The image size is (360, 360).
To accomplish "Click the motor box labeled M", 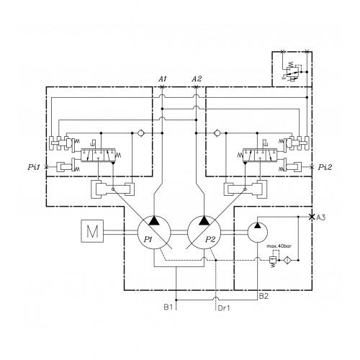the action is pyautogui.click(x=92, y=231).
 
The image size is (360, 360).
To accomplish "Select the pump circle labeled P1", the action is pyautogui.click(x=154, y=233).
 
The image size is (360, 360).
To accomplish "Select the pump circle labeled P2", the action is pyautogui.click(x=204, y=233).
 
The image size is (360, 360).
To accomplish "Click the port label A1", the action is pyautogui.click(x=163, y=78).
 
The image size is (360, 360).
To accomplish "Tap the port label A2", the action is pyautogui.click(x=197, y=78).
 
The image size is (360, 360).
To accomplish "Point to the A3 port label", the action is pyautogui.click(x=320, y=217).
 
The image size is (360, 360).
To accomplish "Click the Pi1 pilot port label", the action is pyautogui.click(x=34, y=167).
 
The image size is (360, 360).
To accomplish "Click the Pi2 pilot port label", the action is pyautogui.click(x=325, y=167).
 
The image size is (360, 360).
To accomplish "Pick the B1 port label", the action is pyautogui.click(x=168, y=307).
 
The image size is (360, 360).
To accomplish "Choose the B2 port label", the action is pyautogui.click(x=264, y=296).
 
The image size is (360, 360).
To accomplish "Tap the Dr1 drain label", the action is pyautogui.click(x=224, y=308).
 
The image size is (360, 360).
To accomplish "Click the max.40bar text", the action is pyautogui.click(x=279, y=246).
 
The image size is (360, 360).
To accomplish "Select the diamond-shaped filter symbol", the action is pyautogui.click(x=286, y=260).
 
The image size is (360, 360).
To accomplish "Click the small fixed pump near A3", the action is pyautogui.click(x=258, y=233).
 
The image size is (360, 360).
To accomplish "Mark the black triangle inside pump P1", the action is pyautogui.click(x=154, y=220).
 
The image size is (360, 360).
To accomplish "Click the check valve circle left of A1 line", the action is pyautogui.click(x=140, y=133).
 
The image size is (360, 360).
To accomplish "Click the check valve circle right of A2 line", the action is pyautogui.click(x=217, y=133).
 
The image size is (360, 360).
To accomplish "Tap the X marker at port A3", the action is pyautogui.click(x=312, y=217).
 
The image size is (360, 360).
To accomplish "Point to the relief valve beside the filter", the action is pyautogui.click(x=273, y=260).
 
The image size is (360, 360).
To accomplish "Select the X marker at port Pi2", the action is pyautogui.click(x=312, y=167).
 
